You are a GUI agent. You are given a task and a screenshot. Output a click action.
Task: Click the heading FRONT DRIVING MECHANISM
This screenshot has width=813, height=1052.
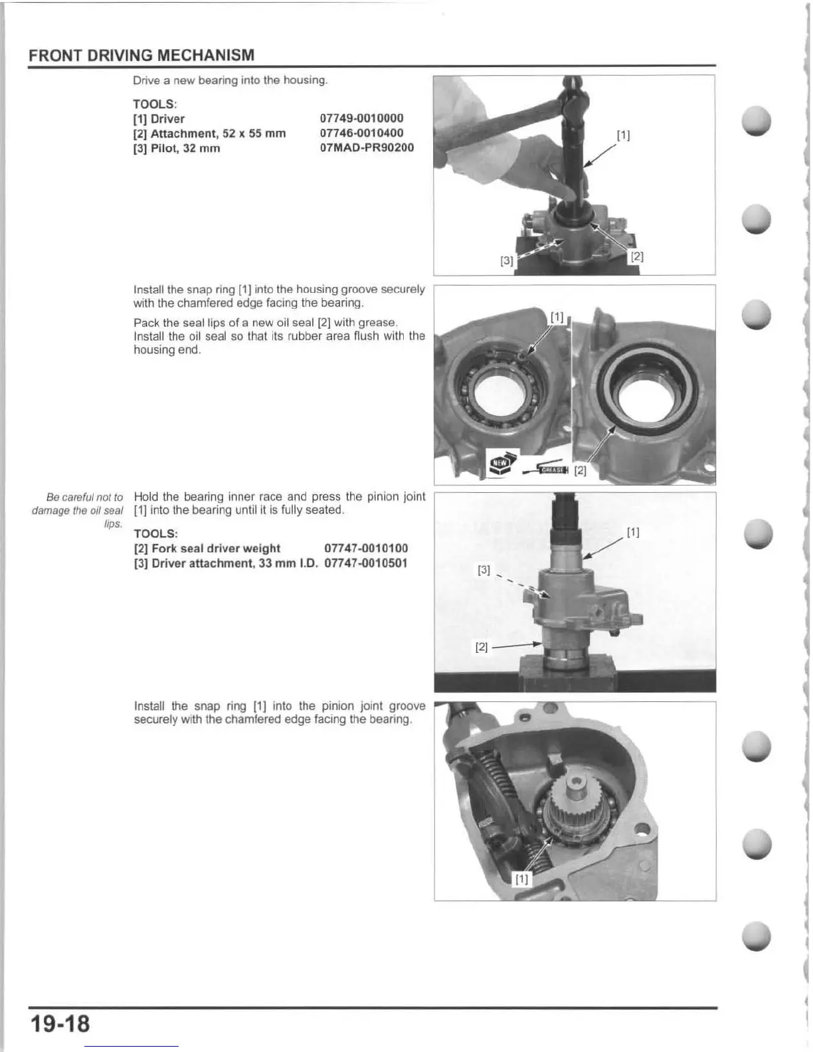(x=141, y=54)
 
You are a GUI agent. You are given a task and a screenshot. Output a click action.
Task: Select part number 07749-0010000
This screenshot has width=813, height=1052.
(x=361, y=118)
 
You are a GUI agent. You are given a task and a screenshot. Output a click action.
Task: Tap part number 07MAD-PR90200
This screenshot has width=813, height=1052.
(x=367, y=147)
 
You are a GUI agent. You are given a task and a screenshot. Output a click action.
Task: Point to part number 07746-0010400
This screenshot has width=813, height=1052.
(x=361, y=133)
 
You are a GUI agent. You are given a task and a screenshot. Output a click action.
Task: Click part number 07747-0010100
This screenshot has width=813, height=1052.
(x=366, y=549)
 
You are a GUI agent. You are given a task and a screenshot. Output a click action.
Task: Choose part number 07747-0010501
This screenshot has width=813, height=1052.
(x=366, y=563)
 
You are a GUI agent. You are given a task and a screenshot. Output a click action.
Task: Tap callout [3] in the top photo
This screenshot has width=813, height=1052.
(x=507, y=260)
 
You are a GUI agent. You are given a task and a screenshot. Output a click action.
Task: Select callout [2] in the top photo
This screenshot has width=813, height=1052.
(x=636, y=256)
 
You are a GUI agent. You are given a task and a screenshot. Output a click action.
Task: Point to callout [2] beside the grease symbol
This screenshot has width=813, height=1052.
(x=580, y=471)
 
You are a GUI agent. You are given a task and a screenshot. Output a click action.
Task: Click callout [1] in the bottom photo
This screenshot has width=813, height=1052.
(x=522, y=879)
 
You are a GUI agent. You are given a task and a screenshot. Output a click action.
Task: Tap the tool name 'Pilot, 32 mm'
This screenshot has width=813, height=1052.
(x=177, y=148)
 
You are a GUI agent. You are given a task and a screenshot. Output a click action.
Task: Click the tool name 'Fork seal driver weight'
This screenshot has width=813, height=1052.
(x=207, y=549)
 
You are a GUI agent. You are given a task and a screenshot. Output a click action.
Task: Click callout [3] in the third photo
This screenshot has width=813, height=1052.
(x=484, y=570)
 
